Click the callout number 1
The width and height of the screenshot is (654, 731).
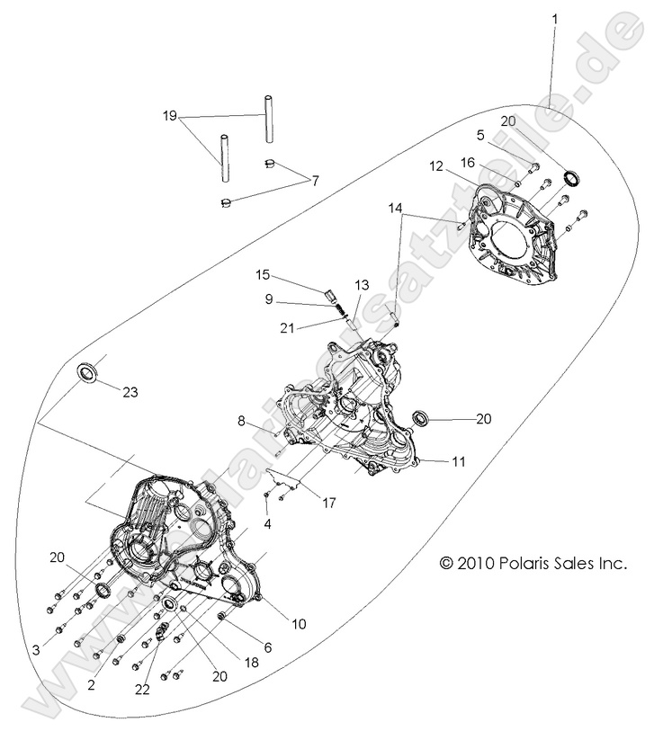554,17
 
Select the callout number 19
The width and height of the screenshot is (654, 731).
171,117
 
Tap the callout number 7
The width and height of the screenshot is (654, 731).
315,181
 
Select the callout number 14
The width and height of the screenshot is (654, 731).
395,207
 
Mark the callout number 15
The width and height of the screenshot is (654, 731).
262,274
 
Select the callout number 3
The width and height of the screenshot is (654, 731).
36,649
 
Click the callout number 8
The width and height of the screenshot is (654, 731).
241,421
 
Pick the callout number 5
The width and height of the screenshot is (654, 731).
480,135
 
